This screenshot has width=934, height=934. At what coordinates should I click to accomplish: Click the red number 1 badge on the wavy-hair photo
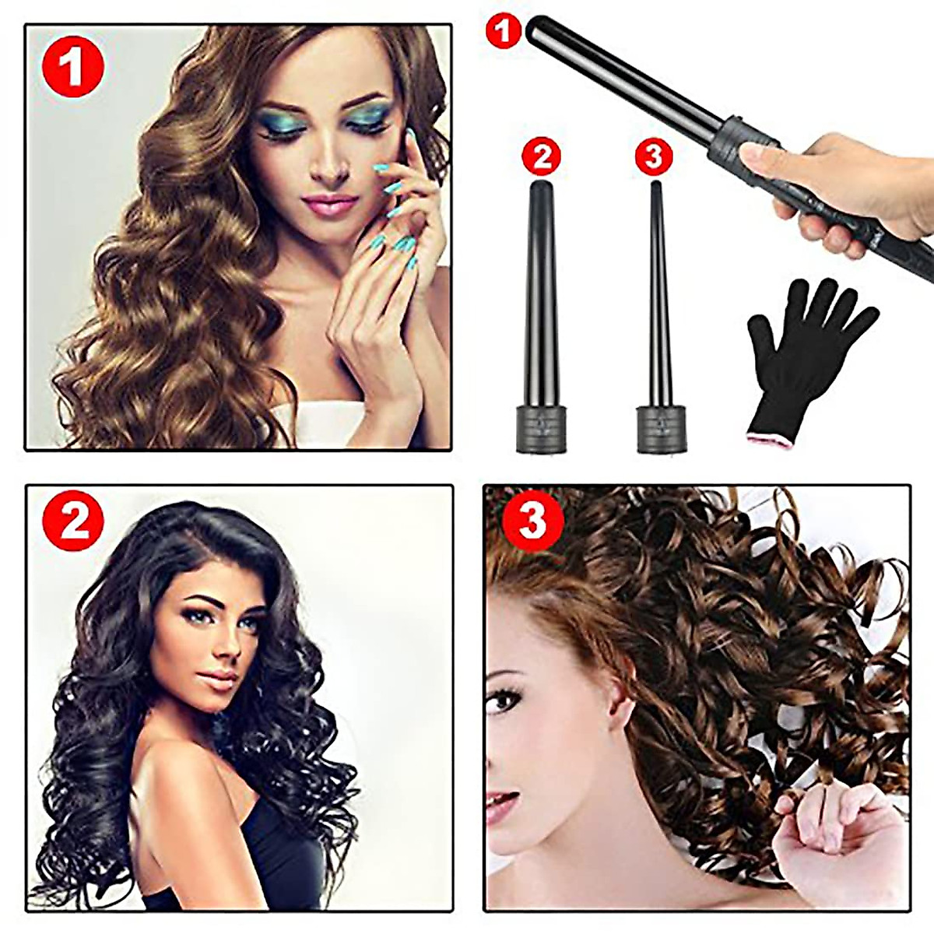click(x=72, y=67)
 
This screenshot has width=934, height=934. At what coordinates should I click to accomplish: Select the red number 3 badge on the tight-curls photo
click(x=532, y=520)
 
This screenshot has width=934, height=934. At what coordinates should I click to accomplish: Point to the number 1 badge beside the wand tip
click(x=503, y=31)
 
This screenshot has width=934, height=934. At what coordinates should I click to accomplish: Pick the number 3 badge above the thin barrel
click(x=654, y=156)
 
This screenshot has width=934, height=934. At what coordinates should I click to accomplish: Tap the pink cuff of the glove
click(x=771, y=437)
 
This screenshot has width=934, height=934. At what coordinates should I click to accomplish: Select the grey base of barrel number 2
click(x=540, y=428)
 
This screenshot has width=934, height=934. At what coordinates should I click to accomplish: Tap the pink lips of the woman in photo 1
click(x=330, y=204)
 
